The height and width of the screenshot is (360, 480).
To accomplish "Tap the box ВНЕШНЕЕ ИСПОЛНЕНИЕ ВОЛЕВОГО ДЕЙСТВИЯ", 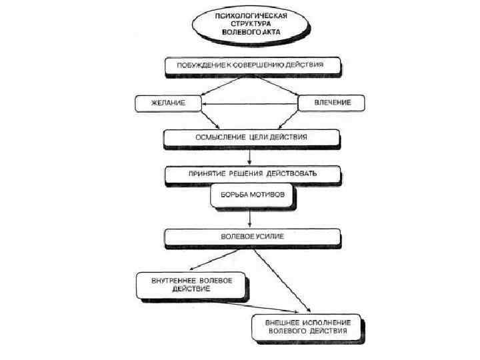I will [307, 326].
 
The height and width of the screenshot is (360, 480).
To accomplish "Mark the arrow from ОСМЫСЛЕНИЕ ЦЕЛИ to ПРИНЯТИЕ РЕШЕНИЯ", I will [249, 155].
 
